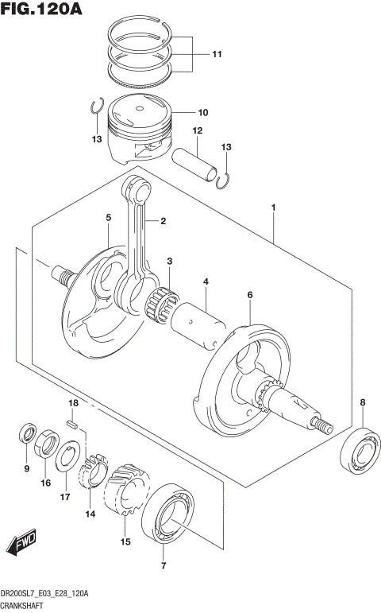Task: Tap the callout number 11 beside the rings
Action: (217, 54)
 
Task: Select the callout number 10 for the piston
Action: (202, 113)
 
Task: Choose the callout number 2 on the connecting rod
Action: (163, 221)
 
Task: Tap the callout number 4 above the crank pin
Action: (205, 282)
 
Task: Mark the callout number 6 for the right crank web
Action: (249, 296)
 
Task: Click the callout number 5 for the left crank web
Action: (108, 217)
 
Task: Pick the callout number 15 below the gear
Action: (124, 542)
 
